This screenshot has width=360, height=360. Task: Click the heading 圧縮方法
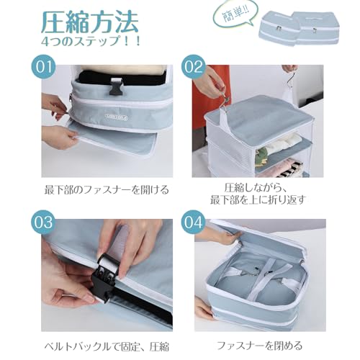[90, 22]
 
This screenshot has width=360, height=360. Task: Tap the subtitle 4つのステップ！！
[91, 41]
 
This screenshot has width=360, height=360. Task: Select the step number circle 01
[43, 66]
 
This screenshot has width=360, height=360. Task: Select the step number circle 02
[193, 66]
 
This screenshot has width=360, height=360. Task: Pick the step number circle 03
[43, 222]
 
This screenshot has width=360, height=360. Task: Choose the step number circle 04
[193, 222]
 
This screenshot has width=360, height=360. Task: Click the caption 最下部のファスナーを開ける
[107, 189]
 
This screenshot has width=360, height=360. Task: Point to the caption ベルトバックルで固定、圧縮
[107, 346]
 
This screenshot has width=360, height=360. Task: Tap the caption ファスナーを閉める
[259, 346]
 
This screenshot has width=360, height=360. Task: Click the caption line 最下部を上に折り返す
[258, 199]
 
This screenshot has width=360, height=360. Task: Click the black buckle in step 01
[116, 86]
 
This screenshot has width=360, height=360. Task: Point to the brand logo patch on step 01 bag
[117, 117]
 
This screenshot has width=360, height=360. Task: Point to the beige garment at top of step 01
[123, 70]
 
